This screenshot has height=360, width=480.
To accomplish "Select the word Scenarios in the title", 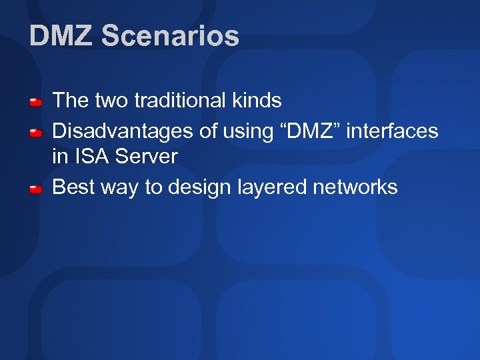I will click(x=170, y=36).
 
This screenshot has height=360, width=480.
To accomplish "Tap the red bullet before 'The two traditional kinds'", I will click(x=36, y=102).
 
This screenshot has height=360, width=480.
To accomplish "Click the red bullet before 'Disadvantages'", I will click(x=36, y=132).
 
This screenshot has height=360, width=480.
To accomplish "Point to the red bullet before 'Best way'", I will click(x=36, y=189).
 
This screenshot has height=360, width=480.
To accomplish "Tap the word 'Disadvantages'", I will click(x=123, y=131).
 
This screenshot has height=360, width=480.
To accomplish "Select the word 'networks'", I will click(x=353, y=187).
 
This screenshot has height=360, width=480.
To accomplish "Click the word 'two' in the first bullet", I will click(x=110, y=101).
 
